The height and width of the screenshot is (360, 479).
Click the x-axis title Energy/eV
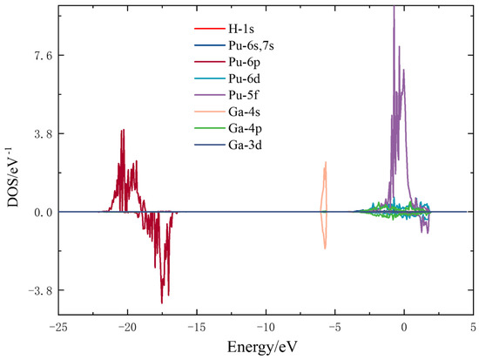point(266,348)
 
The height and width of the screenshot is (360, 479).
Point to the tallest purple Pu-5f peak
point(395,9)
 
